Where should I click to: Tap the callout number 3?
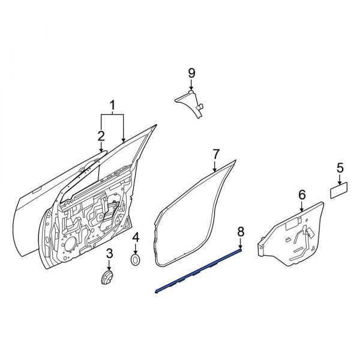[109, 256]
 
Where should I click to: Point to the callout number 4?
[136, 238]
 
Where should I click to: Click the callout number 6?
[302, 194]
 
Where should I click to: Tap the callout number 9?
[192, 73]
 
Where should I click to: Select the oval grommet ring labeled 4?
[136, 260]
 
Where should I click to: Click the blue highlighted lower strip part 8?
[198, 271]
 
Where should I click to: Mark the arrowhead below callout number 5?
[340, 182]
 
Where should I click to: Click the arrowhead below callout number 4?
[136, 253]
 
